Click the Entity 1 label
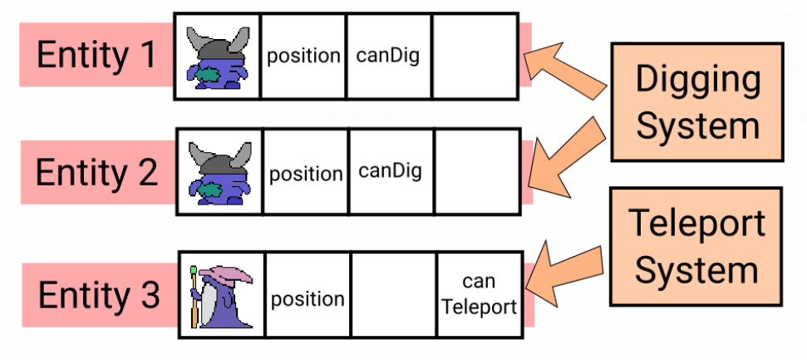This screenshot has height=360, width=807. (96, 56)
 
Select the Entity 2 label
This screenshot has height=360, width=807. (96, 173)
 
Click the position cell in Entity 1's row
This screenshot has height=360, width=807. (303, 57)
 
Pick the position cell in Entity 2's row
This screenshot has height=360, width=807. (306, 174)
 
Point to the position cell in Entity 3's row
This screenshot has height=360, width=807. (308, 298)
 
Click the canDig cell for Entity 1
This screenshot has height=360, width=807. (388, 57)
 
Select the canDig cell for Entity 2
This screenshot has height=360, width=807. (391, 172)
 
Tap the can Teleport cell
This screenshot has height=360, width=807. (479, 294)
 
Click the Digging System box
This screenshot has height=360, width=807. (697, 102)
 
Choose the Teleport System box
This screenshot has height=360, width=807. (696, 247)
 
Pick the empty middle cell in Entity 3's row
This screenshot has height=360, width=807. (394, 295)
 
